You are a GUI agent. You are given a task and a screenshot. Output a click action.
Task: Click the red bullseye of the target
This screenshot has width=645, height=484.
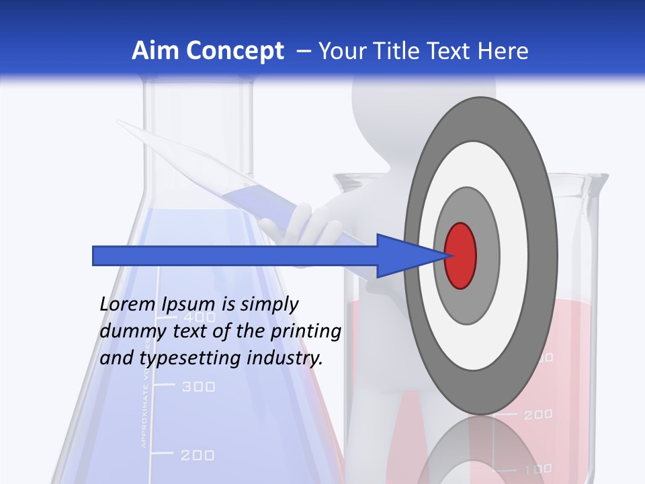[x=461, y=255]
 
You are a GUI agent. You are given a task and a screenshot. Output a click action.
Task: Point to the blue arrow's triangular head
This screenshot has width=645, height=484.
[x=403, y=255]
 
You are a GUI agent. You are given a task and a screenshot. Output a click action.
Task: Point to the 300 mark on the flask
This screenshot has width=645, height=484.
[x=198, y=387]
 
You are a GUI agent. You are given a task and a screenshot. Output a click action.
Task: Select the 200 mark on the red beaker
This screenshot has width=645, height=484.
[x=537, y=415]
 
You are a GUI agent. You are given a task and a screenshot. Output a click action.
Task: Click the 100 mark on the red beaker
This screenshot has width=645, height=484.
[x=537, y=469]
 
